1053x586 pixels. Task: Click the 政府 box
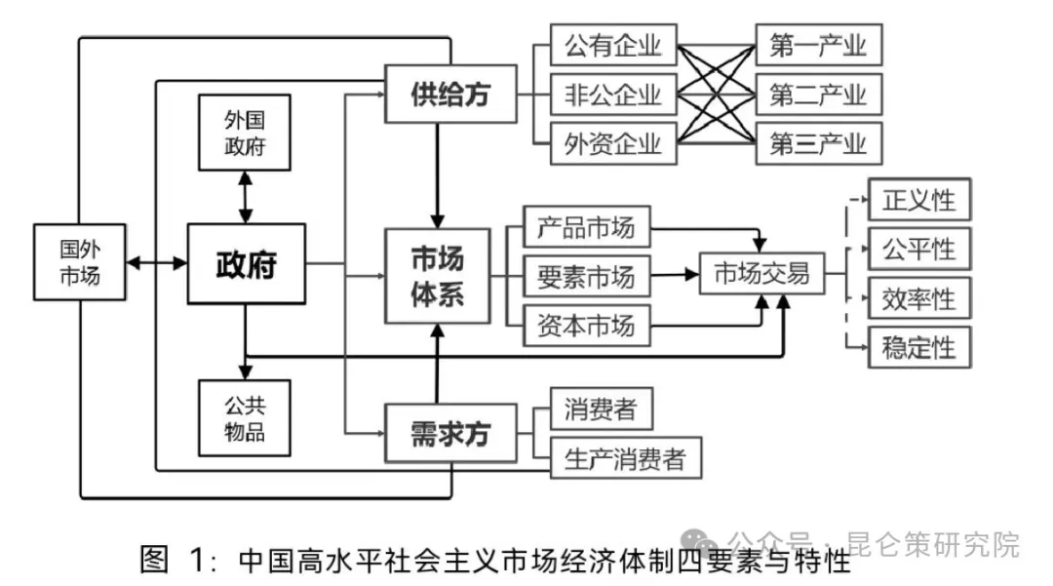[x=246, y=263]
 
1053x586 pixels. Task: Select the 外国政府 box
[x=244, y=134]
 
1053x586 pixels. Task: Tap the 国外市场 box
[x=79, y=263]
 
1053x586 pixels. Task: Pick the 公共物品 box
[x=244, y=417]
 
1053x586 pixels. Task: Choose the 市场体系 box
[x=437, y=277]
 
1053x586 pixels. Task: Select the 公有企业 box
[x=612, y=45]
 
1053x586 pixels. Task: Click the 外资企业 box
[x=612, y=144]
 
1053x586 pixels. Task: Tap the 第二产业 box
[x=818, y=95]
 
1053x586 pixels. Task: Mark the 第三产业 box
[x=818, y=144]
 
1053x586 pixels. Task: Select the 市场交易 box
[x=761, y=274]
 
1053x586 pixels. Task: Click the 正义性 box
[x=918, y=201]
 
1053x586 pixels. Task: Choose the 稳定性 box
[x=918, y=347]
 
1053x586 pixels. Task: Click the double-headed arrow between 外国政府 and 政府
[x=244, y=198]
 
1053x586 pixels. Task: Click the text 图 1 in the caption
[x=175, y=560]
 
